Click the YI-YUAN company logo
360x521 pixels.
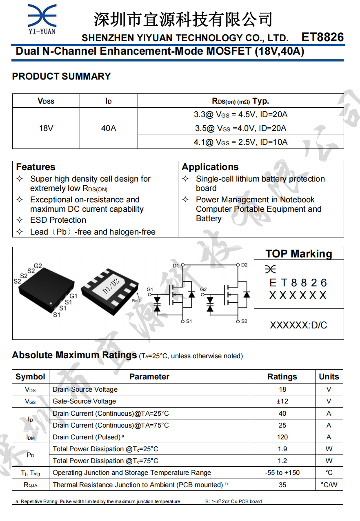42,19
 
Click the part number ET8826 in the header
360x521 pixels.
322,38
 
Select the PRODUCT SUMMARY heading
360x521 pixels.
61,76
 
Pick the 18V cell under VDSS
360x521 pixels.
46,128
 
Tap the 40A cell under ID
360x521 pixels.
108,128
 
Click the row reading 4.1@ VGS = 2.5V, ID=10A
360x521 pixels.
240,142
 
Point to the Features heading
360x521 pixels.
36,167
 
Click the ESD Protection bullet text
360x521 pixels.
58,220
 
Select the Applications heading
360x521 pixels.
210,167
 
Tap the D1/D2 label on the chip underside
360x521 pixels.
111,286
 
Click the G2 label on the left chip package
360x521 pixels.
38,266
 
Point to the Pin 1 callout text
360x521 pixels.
136,301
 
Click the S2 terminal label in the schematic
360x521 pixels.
244,321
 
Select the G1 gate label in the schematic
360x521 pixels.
150,290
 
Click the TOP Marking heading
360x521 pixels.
298,254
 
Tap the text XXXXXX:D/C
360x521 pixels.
298,325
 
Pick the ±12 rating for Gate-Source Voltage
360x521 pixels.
282,401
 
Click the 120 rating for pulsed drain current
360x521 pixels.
282,437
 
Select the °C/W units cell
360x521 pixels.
329,485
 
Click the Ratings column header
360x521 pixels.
282,377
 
